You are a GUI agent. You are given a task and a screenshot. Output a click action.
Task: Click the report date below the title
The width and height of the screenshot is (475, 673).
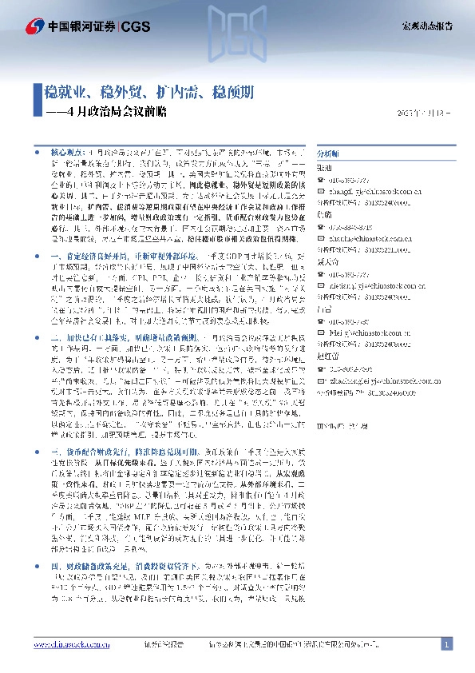(424, 113)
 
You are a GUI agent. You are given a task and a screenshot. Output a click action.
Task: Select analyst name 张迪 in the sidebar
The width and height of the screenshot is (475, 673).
(324, 168)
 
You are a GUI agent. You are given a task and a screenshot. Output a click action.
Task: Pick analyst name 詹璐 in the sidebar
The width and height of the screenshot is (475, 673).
(324, 214)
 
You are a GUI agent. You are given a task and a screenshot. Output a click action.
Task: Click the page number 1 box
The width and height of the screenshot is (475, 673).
(447, 643)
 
